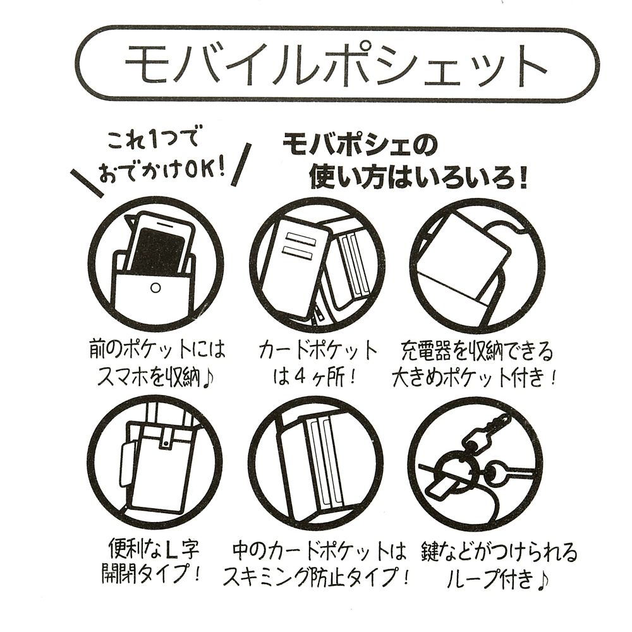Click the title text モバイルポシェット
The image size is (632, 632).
(335, 64)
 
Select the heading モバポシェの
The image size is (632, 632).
(360, 149)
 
